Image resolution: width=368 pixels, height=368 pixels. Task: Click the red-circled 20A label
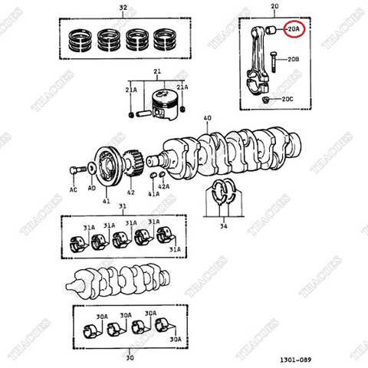294,29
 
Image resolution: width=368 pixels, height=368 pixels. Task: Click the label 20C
287,100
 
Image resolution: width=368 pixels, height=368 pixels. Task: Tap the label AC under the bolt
74,188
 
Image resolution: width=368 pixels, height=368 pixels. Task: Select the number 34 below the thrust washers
223,226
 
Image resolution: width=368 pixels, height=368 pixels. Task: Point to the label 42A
163,186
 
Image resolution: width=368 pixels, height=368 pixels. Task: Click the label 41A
153,195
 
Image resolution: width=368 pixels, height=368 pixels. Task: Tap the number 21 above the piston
157,72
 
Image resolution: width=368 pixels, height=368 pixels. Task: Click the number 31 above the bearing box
123,207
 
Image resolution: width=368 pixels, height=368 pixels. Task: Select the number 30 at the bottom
130,356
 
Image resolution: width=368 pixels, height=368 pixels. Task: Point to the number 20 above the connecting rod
274,8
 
